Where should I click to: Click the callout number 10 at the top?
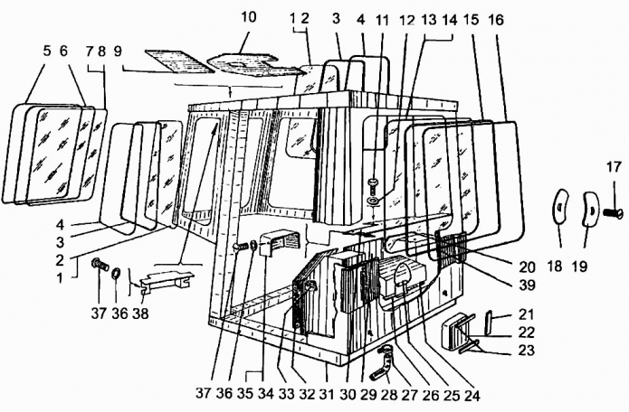(249, 17)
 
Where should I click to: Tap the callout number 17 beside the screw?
(614, 166)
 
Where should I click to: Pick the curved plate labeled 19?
(589, 209)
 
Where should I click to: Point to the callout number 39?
(527, 286)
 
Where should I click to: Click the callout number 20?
(527, 267)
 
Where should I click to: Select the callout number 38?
(140, 314)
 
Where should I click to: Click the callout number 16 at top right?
(496, 20)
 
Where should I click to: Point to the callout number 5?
(47, 51)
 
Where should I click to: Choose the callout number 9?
(118, 51)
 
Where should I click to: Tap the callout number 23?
(527, 350)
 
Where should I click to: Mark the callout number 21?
(527, 314)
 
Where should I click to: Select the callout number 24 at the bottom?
(472, 395)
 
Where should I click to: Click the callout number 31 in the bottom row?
(327, 394)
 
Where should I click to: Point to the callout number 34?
(265, 394)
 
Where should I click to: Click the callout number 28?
(388, 395)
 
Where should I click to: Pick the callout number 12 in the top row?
(407, 20)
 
